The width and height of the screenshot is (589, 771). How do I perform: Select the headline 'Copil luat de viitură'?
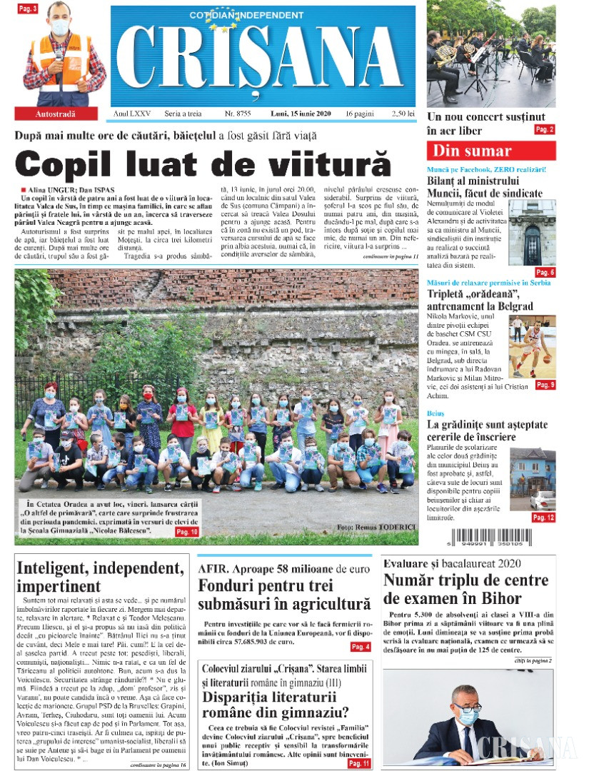[203, 164]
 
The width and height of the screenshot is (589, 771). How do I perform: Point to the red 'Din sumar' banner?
[491, 151]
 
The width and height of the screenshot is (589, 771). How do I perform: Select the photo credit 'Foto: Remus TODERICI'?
[376, 528]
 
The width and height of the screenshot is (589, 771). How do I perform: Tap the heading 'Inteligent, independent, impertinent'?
[100, 577]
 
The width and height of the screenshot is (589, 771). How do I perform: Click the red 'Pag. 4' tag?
[360, 647]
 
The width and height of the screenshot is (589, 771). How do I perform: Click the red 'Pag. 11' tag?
[359, 763]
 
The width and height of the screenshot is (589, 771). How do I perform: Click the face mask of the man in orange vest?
[60, 28]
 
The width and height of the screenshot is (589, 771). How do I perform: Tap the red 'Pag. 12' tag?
[543, 518]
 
